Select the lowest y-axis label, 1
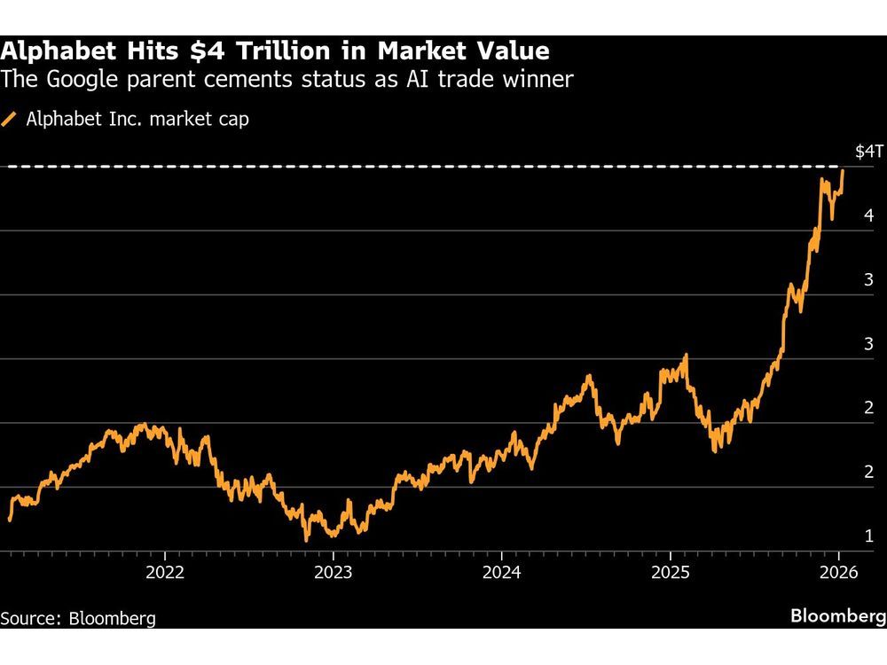click(x=869, y=536)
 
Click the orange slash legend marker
click(x=11, y=119)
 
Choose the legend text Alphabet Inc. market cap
click(x=137, y=119)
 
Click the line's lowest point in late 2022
click(x=307, y=539)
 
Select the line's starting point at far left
click(x=10, y=520)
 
